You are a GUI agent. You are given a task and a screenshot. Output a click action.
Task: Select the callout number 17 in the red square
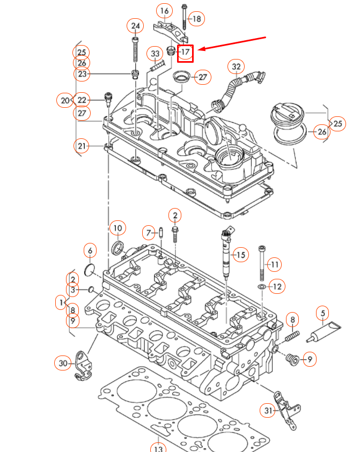point(185,52)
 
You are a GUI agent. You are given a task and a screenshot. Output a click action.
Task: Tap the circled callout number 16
point(164,11)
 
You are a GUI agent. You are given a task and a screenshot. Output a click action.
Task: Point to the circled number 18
point(197,19)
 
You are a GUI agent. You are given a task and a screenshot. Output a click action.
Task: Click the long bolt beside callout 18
point(184,16)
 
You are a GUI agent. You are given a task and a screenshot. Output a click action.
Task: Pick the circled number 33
point(155,54)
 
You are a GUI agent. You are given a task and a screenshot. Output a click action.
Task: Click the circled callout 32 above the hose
point(235,66)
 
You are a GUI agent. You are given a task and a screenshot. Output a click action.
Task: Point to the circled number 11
point(274,264)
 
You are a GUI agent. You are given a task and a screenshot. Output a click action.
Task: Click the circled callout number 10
point(117,228)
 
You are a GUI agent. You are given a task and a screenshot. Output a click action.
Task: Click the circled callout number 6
point(90,250)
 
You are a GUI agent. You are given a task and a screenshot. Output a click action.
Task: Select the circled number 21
point(82,146)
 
